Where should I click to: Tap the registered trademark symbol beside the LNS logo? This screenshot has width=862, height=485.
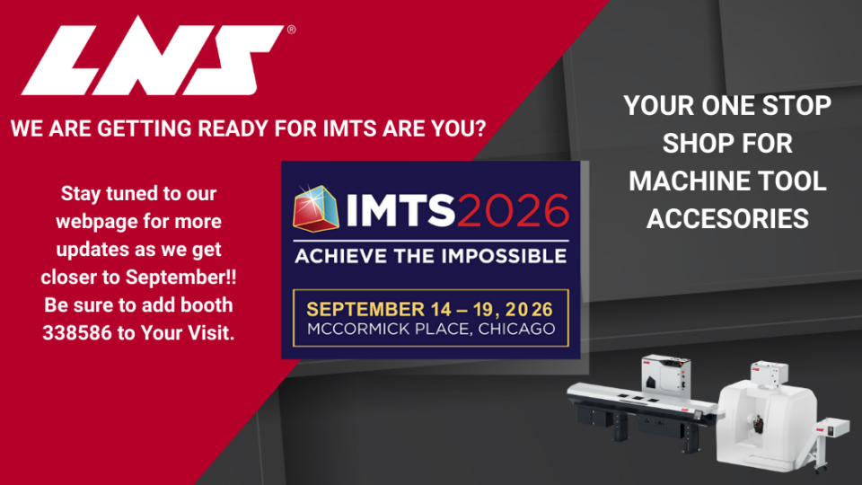tap(291, 30)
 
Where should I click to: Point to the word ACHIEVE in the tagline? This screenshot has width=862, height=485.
tap(347, 255)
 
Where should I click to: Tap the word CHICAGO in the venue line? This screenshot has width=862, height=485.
tap(516, 329)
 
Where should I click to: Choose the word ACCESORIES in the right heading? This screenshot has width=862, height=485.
tap(727, 218)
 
